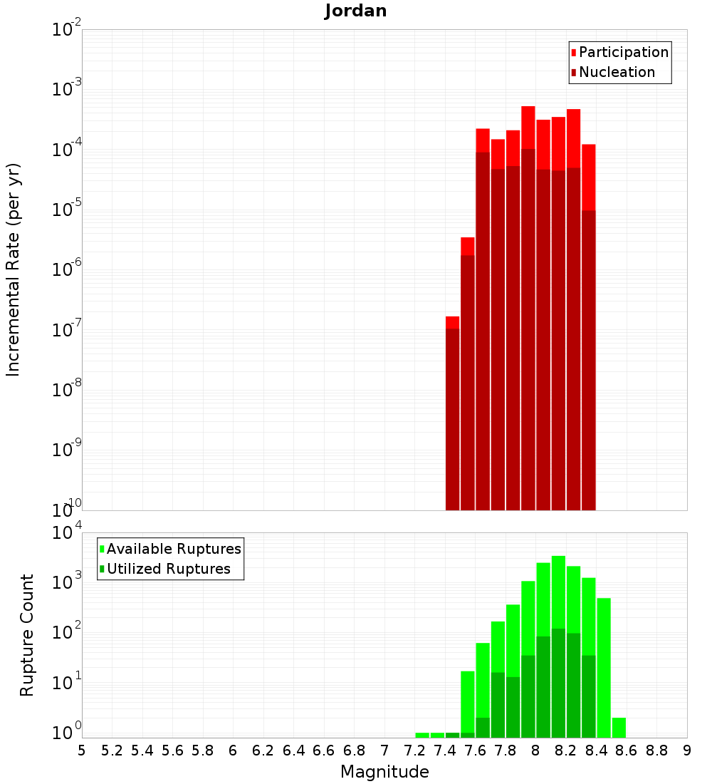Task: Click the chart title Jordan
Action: tap(355, 11)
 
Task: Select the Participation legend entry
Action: tap(624, 52)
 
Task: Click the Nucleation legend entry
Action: tap(617, 72)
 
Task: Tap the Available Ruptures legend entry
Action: tap(174, 549)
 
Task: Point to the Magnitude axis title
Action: tap(384, 772)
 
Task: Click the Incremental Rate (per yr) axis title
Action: tap(14, 269)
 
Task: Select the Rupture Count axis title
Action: tap(27, 635)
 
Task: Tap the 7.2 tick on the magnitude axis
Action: tap(414, 751)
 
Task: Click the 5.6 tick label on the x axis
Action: tap(172, 751)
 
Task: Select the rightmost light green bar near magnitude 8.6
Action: tap(619, 728)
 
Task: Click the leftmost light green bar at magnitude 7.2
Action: tap(422, 735)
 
